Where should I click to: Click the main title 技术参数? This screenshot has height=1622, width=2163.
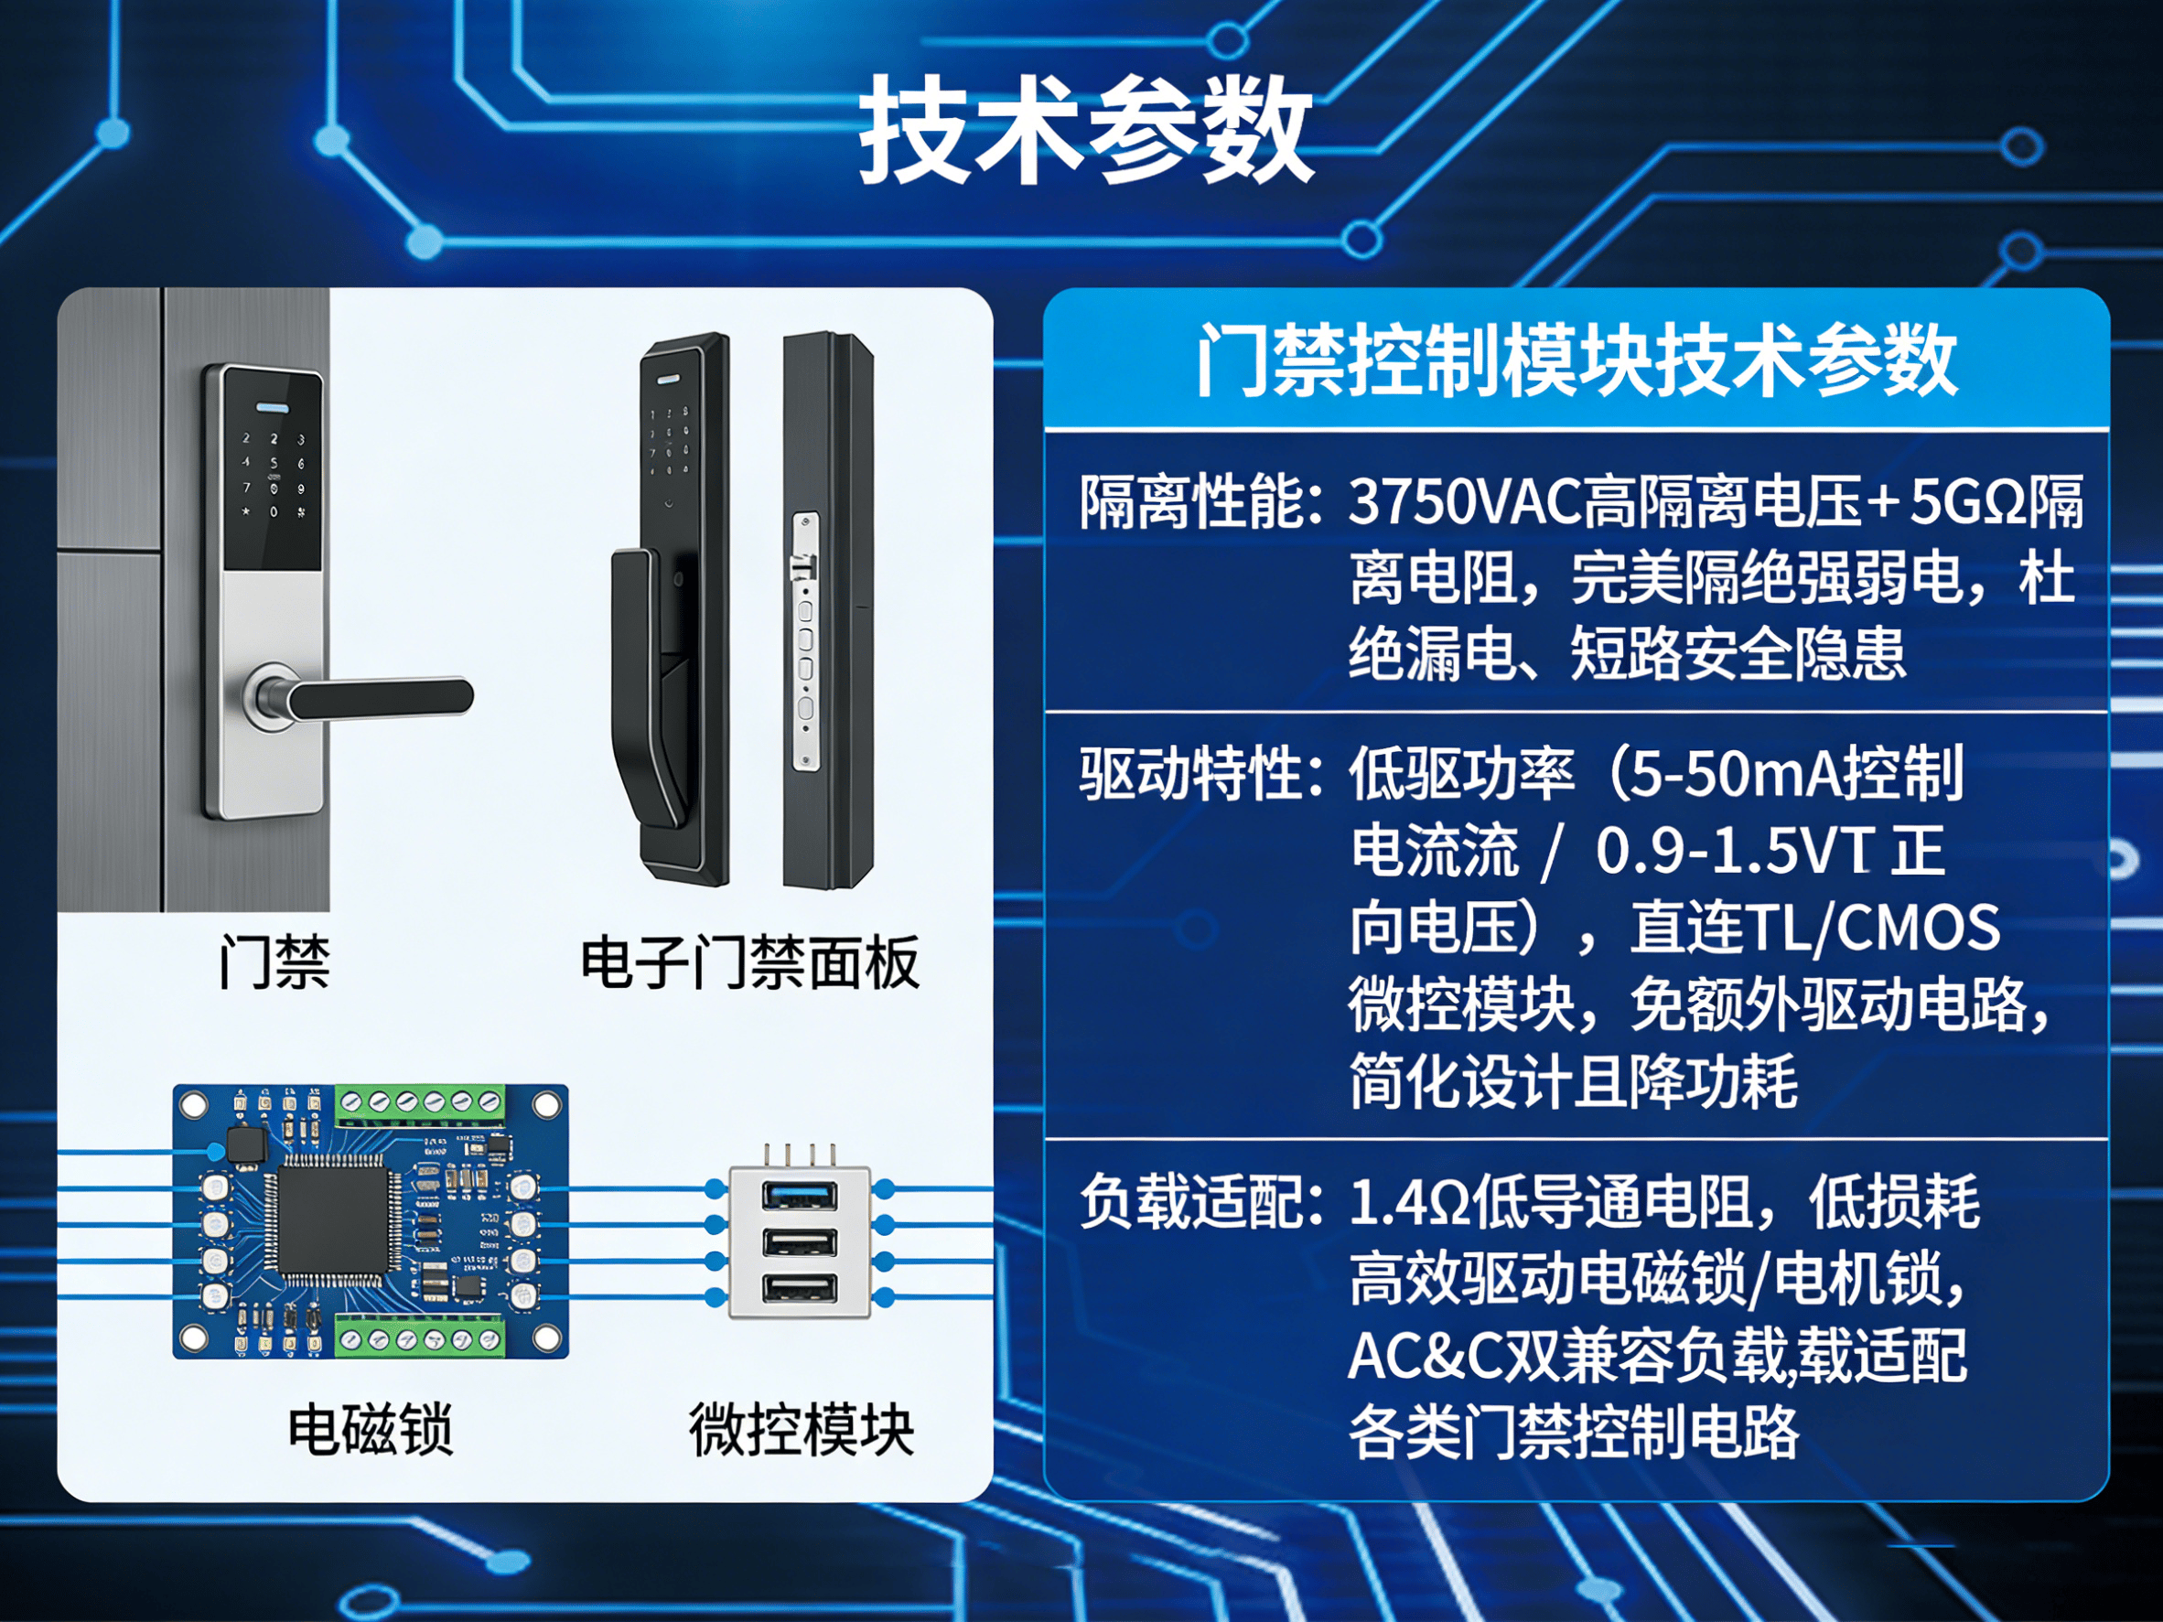click(x=1085, y=130)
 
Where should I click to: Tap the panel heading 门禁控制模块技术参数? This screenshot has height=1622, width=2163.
click(x=1577, y=360)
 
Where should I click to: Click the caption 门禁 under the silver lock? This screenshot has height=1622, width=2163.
click(x=274, y=962)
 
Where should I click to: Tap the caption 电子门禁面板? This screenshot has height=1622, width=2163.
click(x=749, y=962)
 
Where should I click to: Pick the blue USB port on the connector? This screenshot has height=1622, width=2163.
click(x=800, y=1195)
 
